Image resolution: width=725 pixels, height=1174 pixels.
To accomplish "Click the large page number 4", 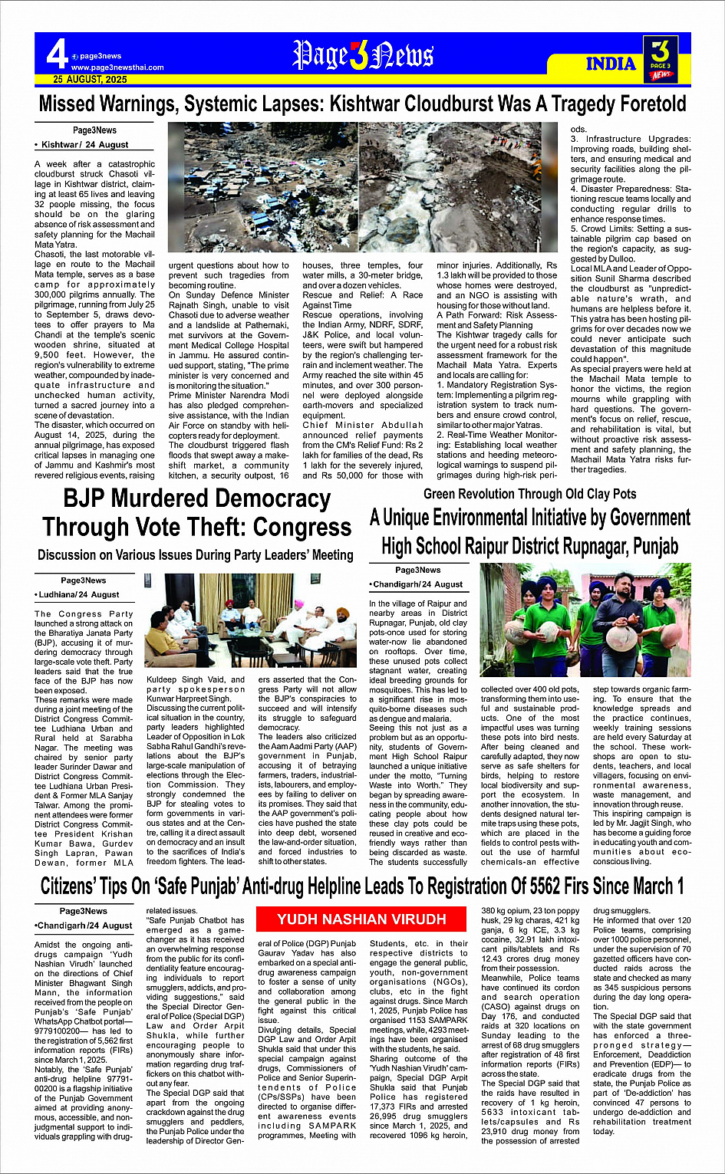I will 56,54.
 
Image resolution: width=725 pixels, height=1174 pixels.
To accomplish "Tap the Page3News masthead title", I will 363,55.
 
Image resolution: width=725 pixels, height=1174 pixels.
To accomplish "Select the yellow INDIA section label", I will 611,64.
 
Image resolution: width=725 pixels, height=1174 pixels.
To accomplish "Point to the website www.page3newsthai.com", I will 117,67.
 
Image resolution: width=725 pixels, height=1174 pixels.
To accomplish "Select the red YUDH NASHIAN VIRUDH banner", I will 361,919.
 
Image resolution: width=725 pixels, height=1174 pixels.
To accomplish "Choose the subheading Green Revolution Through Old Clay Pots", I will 529,494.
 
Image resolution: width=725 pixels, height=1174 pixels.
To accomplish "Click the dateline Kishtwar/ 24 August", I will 84,144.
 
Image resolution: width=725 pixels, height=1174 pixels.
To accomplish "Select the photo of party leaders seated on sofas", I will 250,621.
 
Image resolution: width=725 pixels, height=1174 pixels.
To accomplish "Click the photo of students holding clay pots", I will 585,620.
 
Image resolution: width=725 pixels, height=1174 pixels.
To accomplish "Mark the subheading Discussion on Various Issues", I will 195,554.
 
